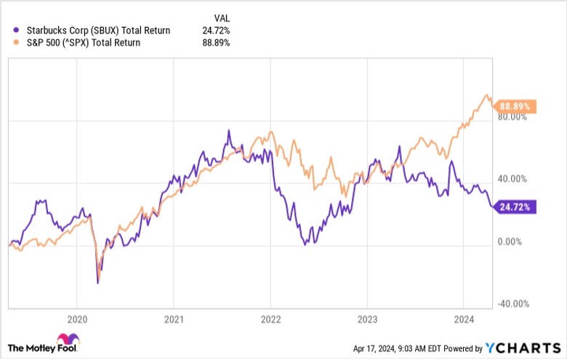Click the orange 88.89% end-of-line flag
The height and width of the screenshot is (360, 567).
pos(518,106)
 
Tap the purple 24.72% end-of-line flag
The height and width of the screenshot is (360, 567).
pos(518,207)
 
